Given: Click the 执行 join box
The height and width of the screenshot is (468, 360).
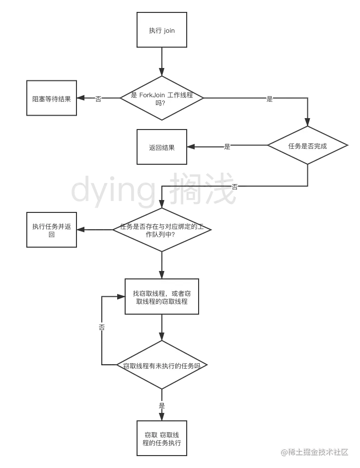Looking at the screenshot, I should point(161,30).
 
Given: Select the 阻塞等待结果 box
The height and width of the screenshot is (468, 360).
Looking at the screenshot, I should point(52,98).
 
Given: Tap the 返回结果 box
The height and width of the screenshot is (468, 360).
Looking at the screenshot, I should point(161,147).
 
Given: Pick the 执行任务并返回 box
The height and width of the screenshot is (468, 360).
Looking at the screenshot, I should point(52,230).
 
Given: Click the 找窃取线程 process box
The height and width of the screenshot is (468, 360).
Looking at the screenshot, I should point(161,297).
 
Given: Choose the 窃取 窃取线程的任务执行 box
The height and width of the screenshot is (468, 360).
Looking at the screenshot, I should point(161,439).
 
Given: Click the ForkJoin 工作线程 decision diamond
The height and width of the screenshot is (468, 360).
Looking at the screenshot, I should point(161,98).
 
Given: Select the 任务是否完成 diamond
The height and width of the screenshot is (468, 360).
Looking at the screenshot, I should point(308,146).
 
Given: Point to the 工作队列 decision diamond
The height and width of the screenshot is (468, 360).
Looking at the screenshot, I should point(161,230).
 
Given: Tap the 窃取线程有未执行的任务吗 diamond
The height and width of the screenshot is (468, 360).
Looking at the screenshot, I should point(161,365).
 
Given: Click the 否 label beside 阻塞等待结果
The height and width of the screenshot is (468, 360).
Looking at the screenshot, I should point(99,99).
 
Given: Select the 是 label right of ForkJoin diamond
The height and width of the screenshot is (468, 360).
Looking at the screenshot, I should point(270,98).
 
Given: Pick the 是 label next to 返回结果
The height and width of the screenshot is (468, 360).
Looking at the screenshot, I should point(227,146).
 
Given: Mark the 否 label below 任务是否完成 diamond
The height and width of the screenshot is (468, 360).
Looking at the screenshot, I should point(235,187).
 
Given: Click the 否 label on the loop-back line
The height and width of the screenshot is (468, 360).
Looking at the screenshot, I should point(101,328).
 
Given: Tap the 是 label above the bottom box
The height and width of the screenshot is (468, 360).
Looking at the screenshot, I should point(161,405).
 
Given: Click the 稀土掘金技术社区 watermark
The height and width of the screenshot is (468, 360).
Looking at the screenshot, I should point(314,452).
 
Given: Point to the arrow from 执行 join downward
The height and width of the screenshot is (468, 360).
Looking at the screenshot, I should point(161,62).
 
